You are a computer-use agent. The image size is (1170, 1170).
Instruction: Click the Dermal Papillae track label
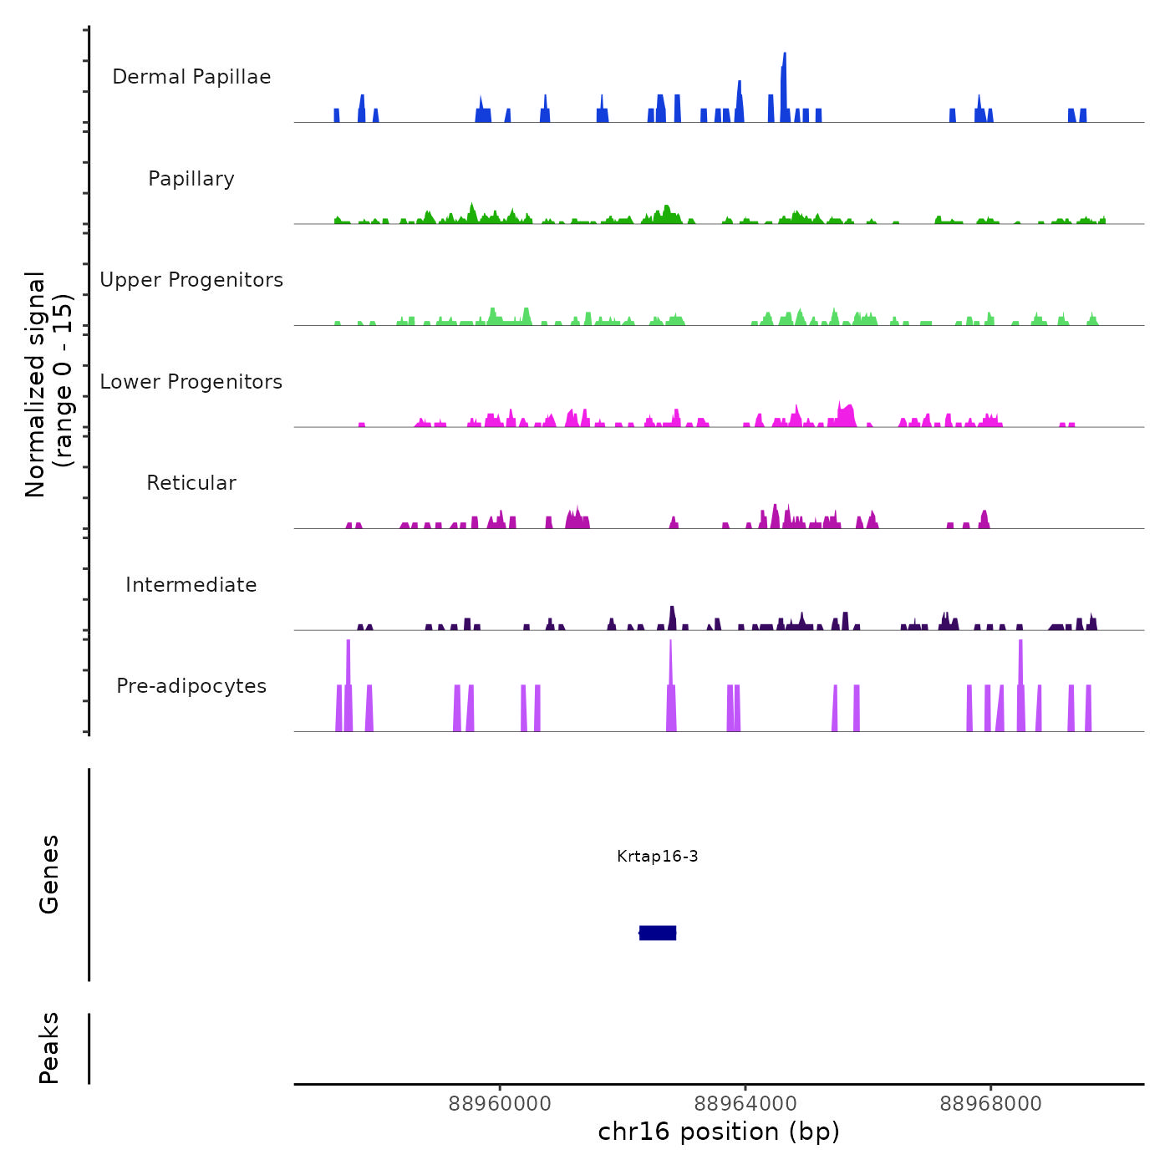coord(191,77)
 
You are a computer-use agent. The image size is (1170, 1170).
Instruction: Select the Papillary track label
coord(191,179)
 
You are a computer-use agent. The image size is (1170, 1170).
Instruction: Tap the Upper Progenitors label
coord(191,280)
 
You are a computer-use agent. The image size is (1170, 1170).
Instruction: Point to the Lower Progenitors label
coord(191,382)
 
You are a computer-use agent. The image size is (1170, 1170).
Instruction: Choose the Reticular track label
coord(191,483)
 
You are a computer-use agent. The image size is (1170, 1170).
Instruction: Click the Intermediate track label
coord(191,585)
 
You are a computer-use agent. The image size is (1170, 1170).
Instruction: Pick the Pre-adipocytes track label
coord(191,686)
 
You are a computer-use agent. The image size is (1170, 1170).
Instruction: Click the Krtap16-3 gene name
coord(658,856)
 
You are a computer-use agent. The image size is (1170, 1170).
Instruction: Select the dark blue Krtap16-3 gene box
coord(658,933)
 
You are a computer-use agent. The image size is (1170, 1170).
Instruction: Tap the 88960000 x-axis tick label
coord(500,1104)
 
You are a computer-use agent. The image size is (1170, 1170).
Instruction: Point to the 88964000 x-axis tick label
coord(745,1104)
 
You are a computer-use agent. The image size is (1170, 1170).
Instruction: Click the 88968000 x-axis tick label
coord(991,1104)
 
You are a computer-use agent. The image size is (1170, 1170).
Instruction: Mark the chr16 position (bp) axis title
coord(719,1132)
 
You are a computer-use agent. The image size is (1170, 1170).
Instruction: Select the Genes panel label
coord(49,874)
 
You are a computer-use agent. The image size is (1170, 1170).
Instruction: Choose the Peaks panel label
coord(49,1048)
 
